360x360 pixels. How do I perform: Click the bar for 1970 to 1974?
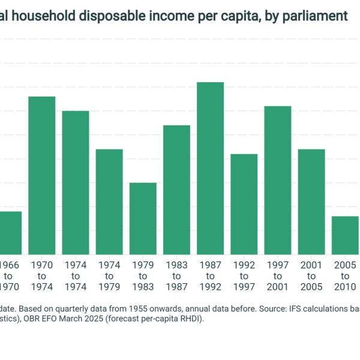click(42, 175)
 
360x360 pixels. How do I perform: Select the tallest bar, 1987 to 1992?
click(211, 168)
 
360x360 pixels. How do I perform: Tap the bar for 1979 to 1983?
click(143, 218)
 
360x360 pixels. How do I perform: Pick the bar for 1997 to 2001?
click(278, 180)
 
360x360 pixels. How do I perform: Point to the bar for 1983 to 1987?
click(176, 190)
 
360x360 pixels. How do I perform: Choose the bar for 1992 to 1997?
click(244, 204)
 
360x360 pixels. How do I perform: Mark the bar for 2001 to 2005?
click(311, 202)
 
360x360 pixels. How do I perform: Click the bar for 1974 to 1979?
click(109, 202)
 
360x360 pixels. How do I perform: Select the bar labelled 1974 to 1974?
click(76, 182)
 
